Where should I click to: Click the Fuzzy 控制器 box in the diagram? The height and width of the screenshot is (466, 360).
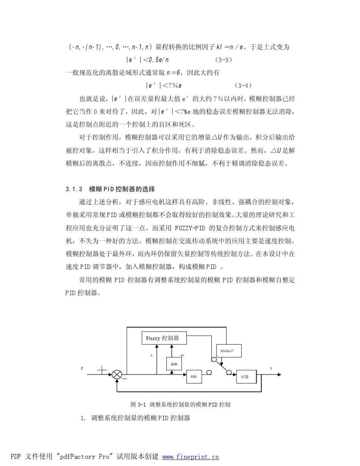[x=164, y=338]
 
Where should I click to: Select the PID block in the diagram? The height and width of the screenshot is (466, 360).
[x=194, y=377]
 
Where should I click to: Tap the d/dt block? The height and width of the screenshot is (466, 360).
[x=174, y=364]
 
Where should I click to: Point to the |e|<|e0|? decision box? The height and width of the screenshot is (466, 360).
[x=229, y=351]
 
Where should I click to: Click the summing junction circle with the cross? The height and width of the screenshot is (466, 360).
[x=117, y=375]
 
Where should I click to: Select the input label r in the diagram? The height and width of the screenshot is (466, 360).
[x=82, y=368]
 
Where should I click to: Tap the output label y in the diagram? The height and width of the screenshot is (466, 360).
[x=271, y=368]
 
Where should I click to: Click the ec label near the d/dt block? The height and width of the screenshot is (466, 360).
[x=182, y=355]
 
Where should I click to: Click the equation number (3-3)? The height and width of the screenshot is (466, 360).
[x=223, y=60]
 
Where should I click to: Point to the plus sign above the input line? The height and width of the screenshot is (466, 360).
[x=102, y=370]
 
